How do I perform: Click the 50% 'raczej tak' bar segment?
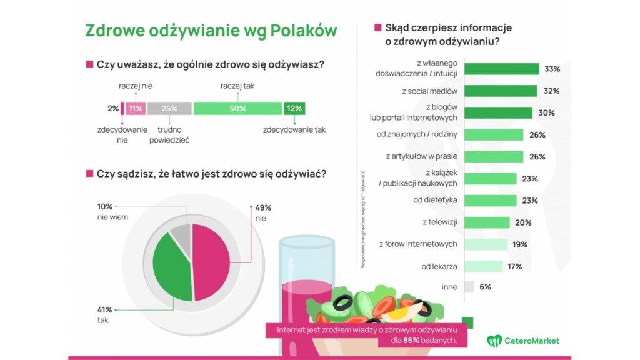click(x=237, y=109)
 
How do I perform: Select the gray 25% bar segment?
click(x=169, y=109)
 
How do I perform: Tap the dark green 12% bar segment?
click(x=294, y=109)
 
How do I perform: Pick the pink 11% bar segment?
click(x=136, y=109)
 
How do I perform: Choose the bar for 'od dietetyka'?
click(x=491, y=201)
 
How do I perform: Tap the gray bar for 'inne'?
click(x=469, y=287)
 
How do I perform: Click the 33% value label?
click(x=552, y=69)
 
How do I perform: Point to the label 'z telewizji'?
click(x=441, y=222)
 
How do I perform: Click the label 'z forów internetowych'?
click(x=419, y=244)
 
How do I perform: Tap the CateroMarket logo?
click(x=523, y=341)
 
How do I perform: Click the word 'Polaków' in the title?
click(x=304, y=31)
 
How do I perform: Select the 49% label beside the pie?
click(x=263, y=207)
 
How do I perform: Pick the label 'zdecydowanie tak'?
click(x=294, y=130)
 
